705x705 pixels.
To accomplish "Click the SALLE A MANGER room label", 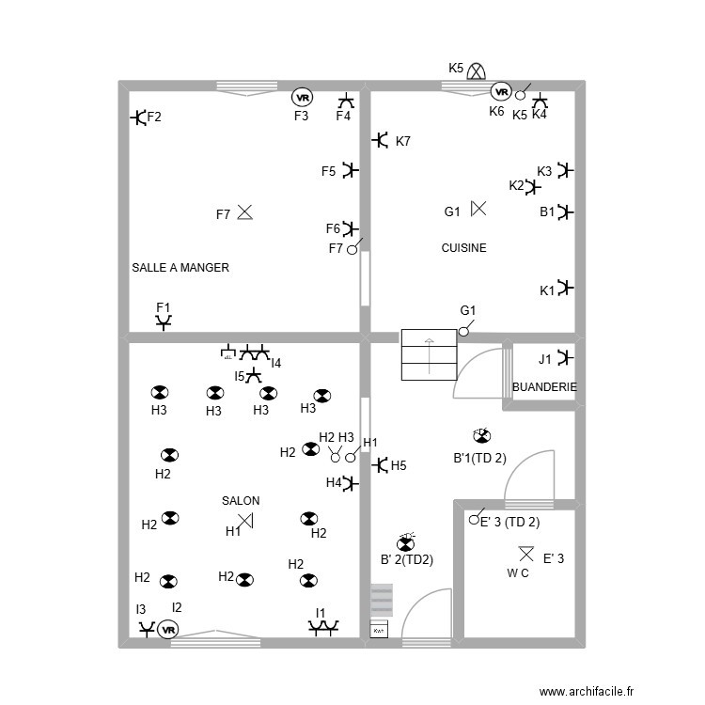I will [x=180, y=268].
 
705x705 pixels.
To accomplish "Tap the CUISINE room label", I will [x=464, y=248].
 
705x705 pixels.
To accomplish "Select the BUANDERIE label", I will [x=544, y=387].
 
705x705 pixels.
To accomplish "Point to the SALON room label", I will [x=241, y=501].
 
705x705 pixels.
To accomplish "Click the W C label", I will [x=518, y=572].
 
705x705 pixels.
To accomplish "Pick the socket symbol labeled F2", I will [x=138, y=117].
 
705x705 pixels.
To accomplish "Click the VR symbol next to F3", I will [x=301, y=97].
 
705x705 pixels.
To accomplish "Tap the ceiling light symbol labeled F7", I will [x=245, y=213].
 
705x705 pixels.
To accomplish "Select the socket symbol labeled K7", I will [x=381, y=140].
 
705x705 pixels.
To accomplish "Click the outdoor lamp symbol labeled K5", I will [x=478, y=70].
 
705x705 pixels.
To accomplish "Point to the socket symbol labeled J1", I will [x=564, y=357].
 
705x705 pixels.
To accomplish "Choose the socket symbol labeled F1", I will [x=164, y=322].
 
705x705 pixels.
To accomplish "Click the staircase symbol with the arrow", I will [x=429, y=353].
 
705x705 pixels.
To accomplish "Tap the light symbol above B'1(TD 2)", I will [x=480, y=435].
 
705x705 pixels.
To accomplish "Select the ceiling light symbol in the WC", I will [x=525, y=554].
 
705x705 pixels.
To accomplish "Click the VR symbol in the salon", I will [x=168, y=629].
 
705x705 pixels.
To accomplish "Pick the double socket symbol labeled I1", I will [x=324, y=626].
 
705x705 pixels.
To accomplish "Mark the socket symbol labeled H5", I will [x=381, y=464].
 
